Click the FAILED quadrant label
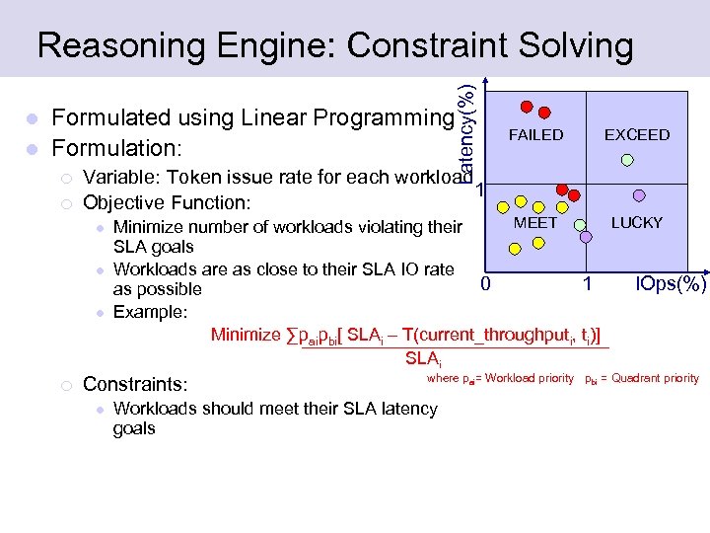pyautogui.click(x=535, y=135)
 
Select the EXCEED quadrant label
pyautogui.click(x=637, y=135)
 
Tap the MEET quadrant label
pyautogui.click(x=535, y=223)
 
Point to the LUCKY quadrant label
pyautogui.click(x=637, y=223)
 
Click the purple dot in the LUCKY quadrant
pyautogui.click(x=639, y=195)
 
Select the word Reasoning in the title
pyautogui.click(x=109, y=45)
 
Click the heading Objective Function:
pyautogui.click(x=168, y=203)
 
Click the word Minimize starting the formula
pyautogui.click(x=246, y=335)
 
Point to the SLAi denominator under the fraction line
pyautogui.click(x=423, y=356)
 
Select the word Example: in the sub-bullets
pyautogui.click(x=150, y=312)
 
